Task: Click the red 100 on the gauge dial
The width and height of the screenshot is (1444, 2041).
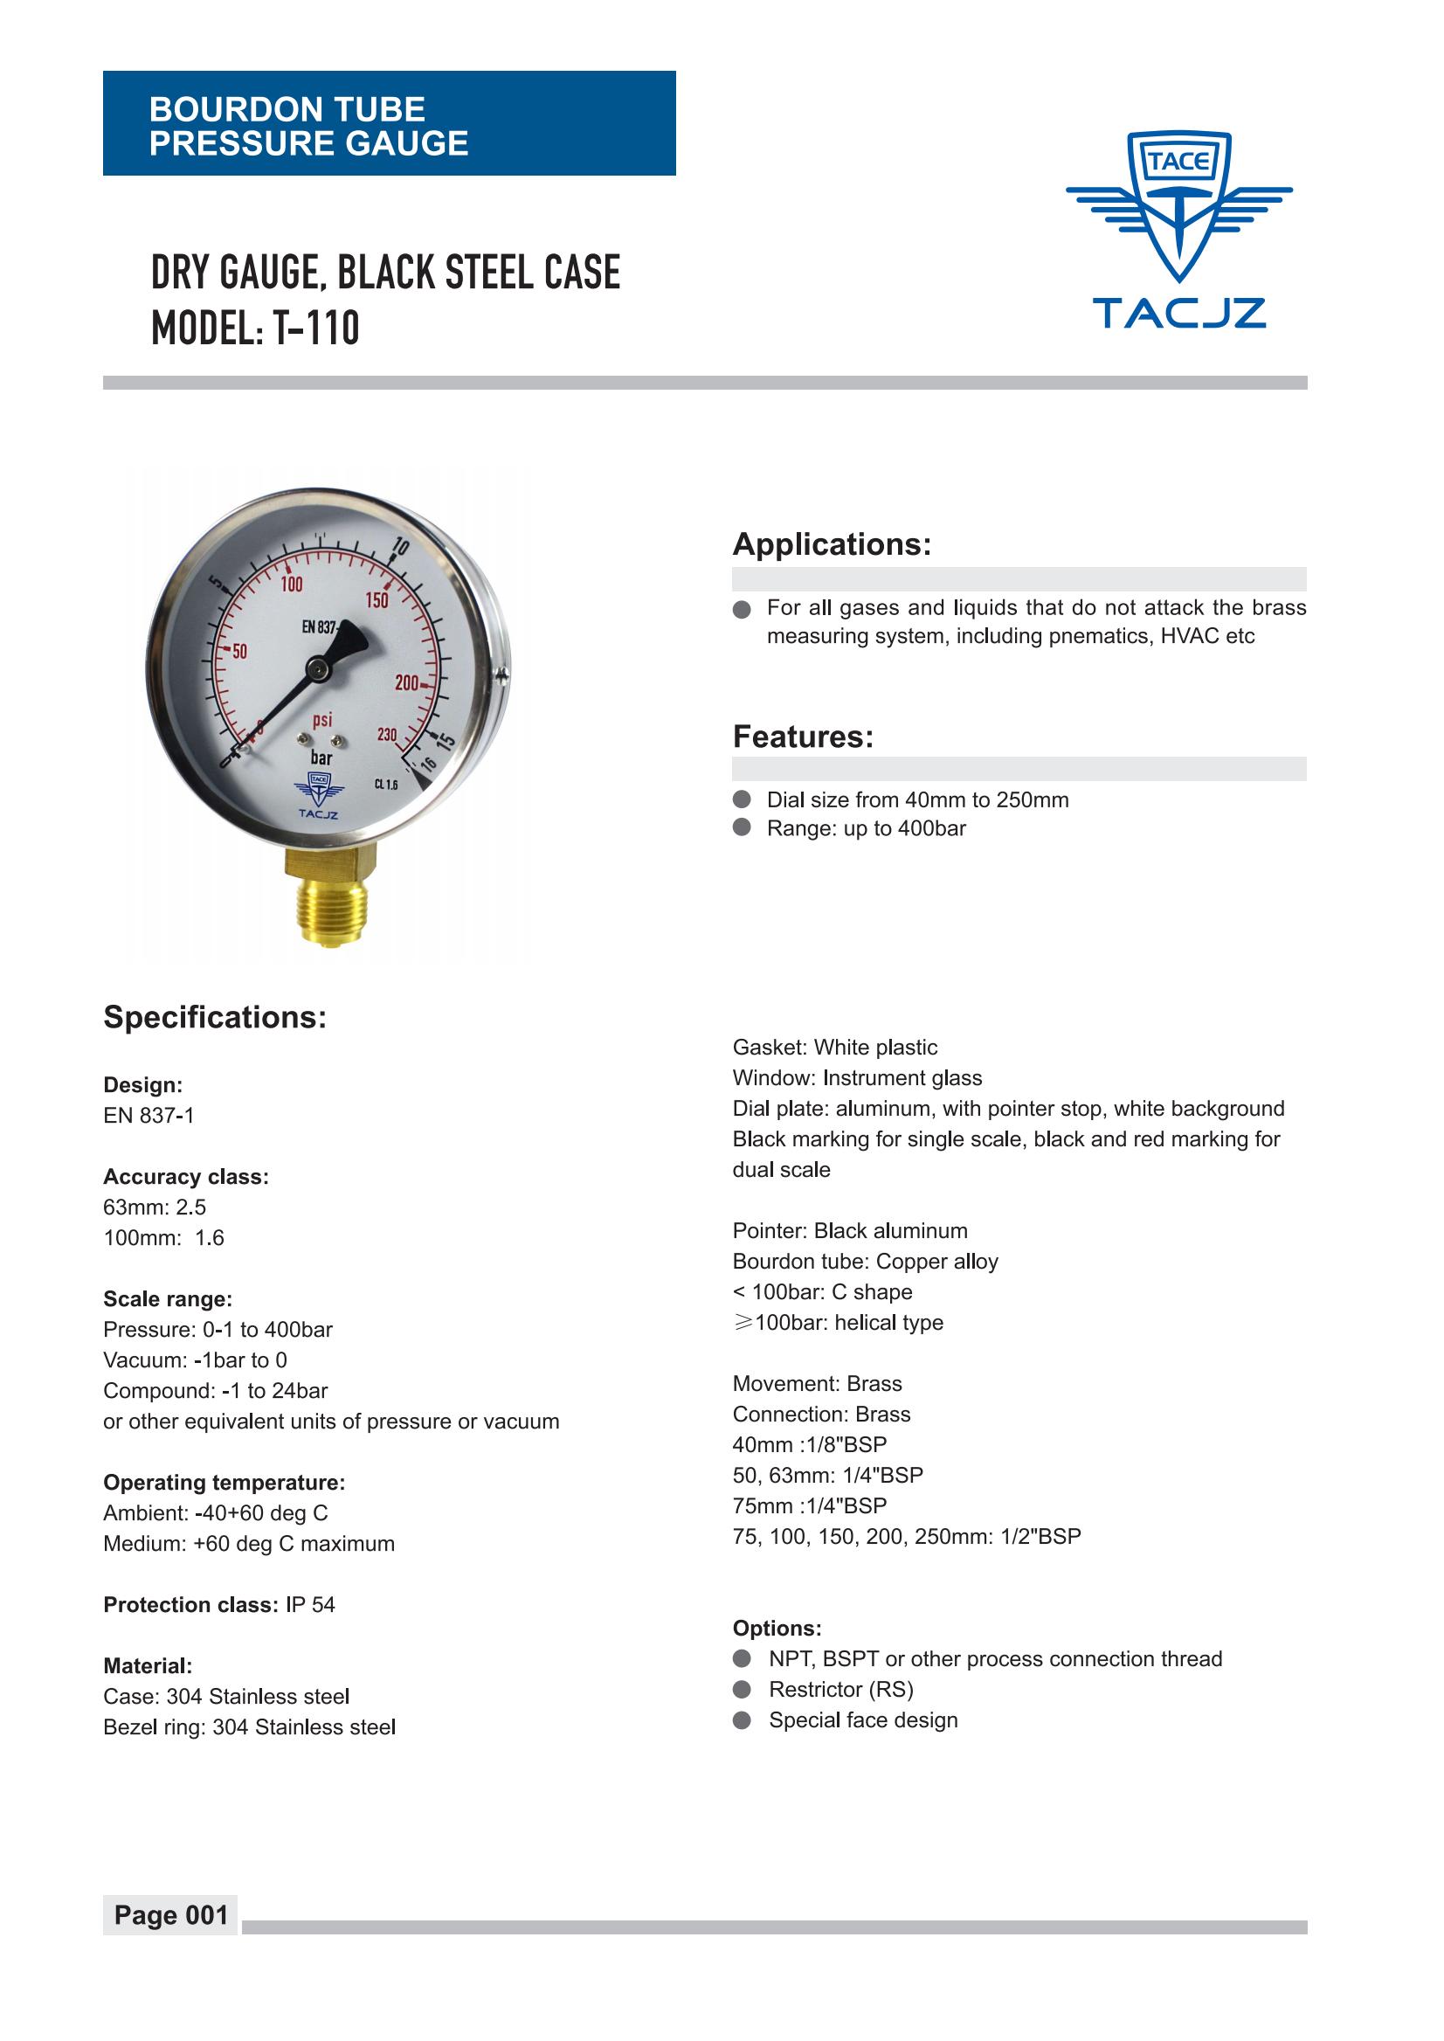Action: [292, 585]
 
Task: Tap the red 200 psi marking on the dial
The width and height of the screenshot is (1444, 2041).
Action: [407, 683]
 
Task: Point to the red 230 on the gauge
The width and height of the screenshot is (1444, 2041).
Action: [388, 735]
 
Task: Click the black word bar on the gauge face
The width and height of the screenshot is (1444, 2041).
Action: [321, 758]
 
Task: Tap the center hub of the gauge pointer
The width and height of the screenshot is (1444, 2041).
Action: [315, 667]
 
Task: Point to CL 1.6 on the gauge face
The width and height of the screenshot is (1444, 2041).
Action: [386, 785]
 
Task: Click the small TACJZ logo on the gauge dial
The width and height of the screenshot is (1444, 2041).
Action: [318, 796]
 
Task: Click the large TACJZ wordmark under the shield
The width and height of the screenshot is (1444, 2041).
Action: [1179, 313]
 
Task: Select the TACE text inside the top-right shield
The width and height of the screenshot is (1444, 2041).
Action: [1179, 162]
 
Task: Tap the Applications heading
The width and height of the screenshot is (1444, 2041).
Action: [832, 544]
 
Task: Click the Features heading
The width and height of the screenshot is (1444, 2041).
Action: [803, 737]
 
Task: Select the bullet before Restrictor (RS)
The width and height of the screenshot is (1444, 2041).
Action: [743, 1690]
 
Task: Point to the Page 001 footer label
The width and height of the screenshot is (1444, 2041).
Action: [170, 1914]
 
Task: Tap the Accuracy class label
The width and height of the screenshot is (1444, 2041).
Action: [186, 1177]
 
